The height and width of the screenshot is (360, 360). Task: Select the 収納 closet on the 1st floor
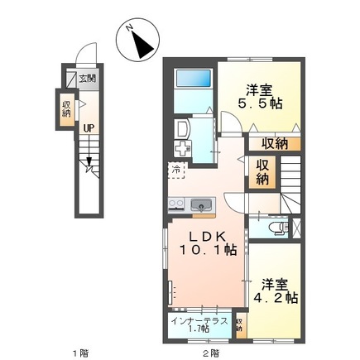click(x=66, y=108)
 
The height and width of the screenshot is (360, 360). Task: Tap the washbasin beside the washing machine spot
click(x=183, y=129)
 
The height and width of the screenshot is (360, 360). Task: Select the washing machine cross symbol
click(x=182, y=151)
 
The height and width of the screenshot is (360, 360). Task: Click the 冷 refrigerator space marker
click(x=176, y=170)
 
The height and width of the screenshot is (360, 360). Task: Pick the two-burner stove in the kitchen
click(x=176, y=204)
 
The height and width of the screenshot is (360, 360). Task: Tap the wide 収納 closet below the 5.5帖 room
click(x=276, y=142)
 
